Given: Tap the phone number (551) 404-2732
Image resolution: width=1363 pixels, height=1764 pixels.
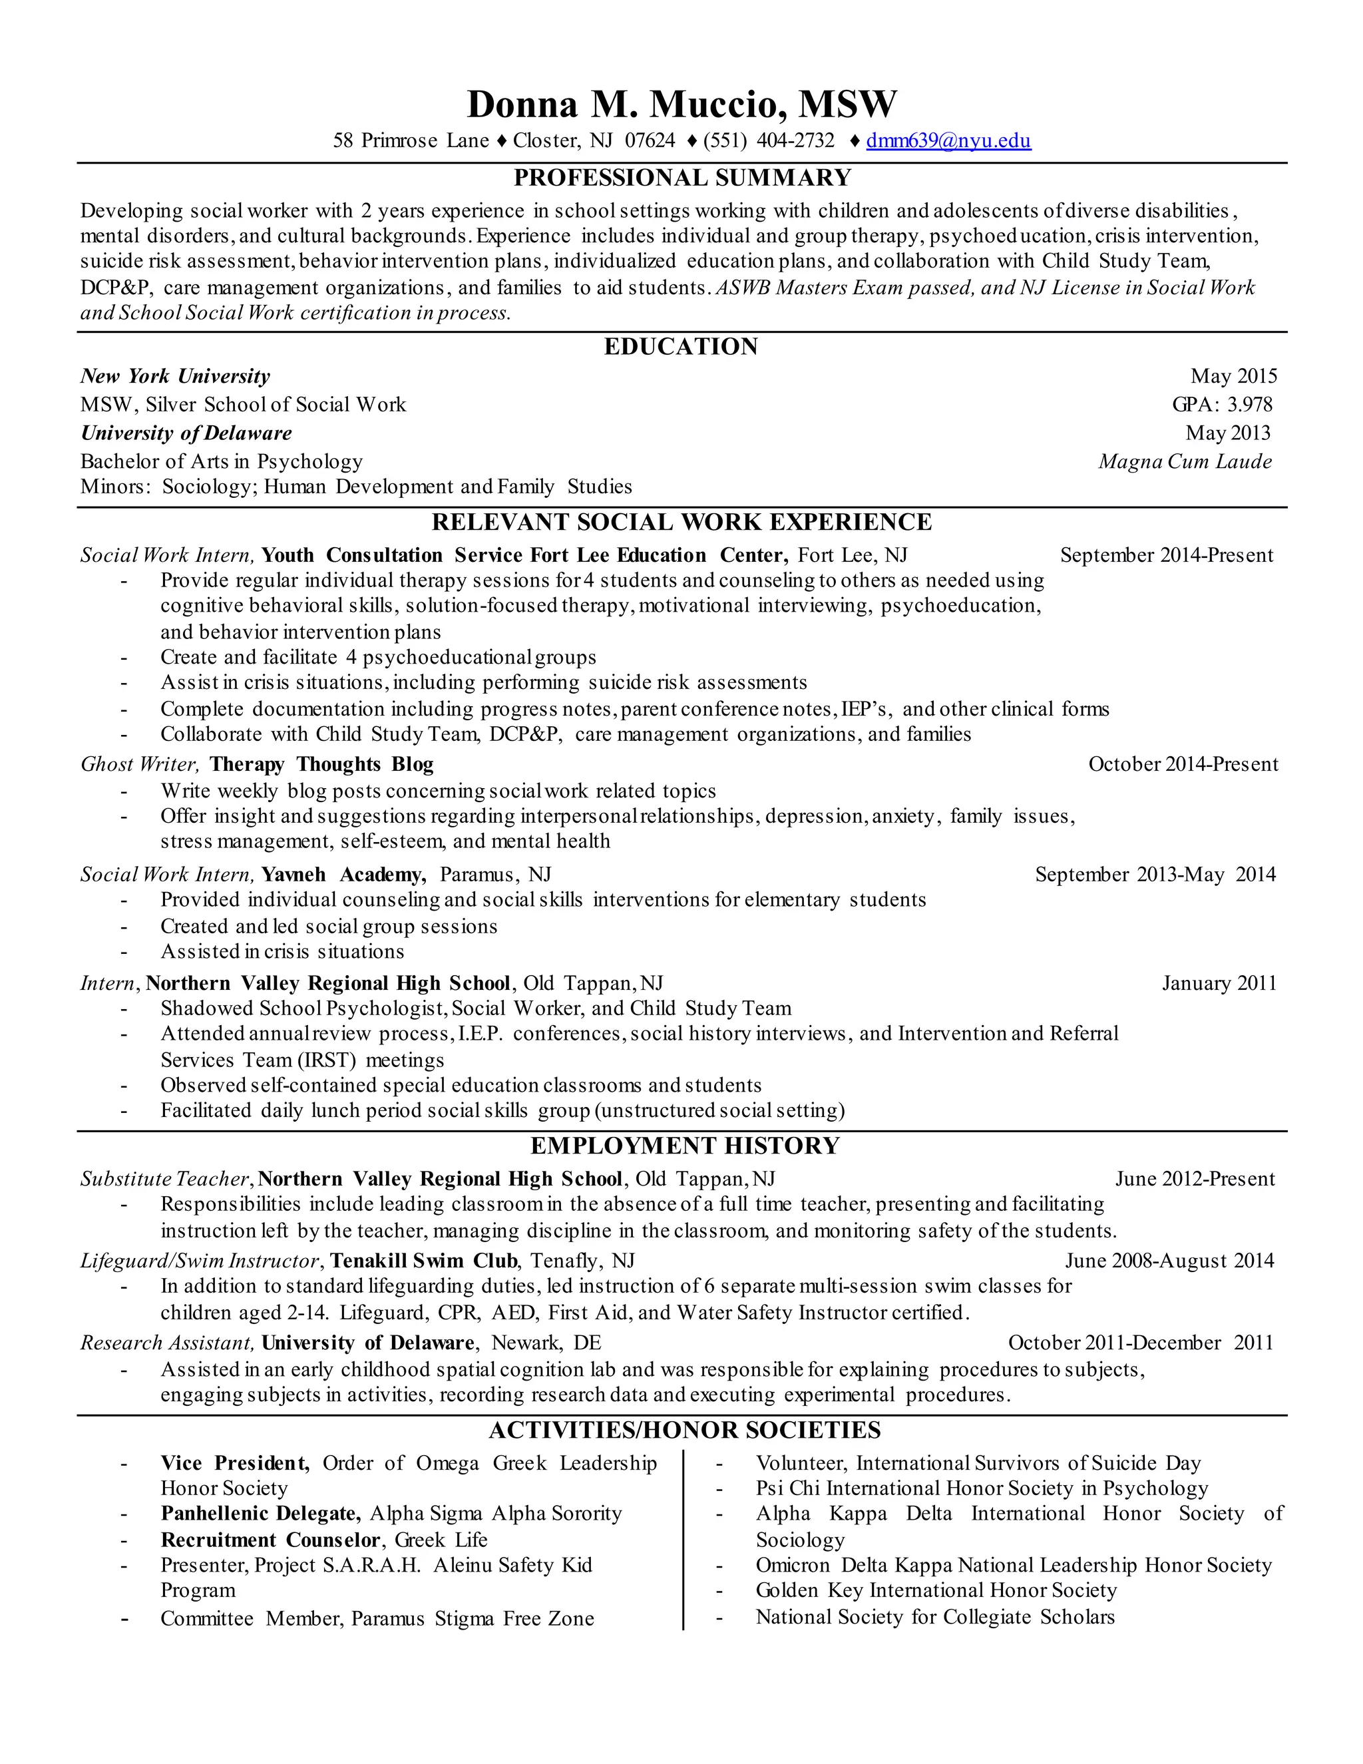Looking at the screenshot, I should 769,140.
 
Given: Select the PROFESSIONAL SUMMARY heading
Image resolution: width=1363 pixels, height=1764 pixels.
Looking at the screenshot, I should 682,178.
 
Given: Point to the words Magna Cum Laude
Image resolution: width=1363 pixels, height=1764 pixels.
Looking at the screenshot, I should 1185,461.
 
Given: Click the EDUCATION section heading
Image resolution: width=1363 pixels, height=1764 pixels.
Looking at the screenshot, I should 681,347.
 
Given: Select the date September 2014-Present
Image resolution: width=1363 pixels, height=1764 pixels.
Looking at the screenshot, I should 1166,555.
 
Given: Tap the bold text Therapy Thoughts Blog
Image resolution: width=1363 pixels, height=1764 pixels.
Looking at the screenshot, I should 321,764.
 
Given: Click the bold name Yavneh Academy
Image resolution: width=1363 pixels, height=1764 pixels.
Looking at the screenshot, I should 343,874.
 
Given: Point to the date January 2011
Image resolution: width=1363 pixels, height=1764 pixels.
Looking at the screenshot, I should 1219,983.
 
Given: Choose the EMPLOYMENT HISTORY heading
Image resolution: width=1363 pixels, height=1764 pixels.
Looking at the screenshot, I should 685,1146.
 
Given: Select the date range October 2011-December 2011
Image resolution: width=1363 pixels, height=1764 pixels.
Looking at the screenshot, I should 1140,1343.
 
